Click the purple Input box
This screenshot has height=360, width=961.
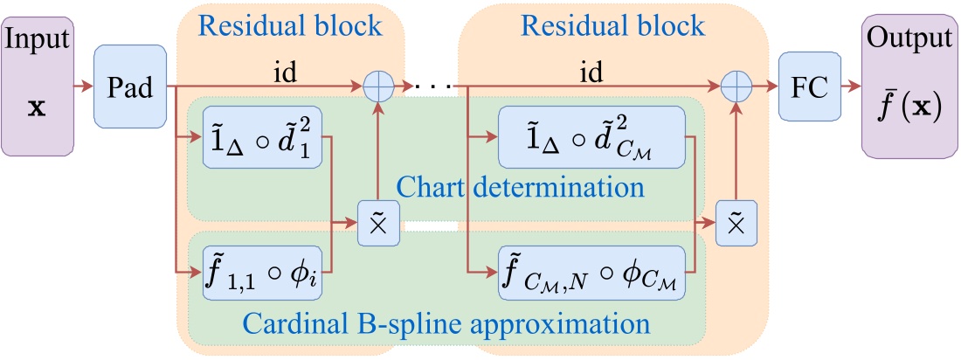point(37,86)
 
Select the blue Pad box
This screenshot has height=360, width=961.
point(130,87)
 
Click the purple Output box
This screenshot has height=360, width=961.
point(908,86)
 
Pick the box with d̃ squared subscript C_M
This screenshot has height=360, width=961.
point(591,136)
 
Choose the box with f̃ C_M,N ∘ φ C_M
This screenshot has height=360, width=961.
point(591,273)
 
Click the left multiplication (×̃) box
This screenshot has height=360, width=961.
point(379,222)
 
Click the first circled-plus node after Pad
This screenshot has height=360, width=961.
point(379,87)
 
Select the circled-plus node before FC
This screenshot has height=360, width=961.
point(736,87)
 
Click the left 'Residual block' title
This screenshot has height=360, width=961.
point(292,24)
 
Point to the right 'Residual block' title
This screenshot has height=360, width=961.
point(613,24)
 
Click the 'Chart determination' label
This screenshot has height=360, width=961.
point(521,187)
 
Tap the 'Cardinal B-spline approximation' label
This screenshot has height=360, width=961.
point(446,324)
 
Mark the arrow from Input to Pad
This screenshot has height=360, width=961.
point(84,87)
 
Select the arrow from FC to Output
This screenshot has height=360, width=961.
point(850,87)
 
